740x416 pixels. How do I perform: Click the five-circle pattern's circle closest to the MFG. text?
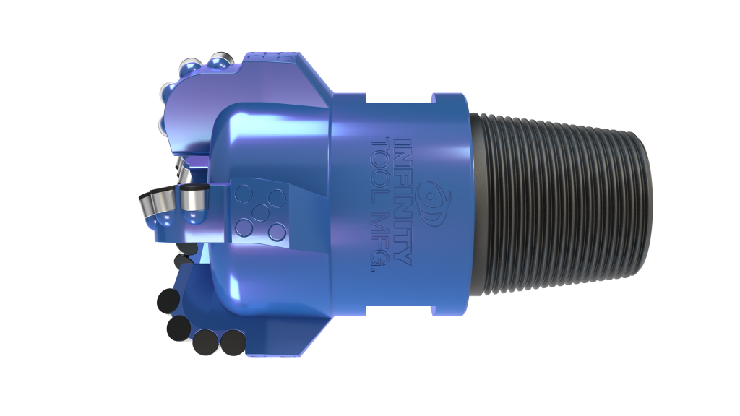274,230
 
